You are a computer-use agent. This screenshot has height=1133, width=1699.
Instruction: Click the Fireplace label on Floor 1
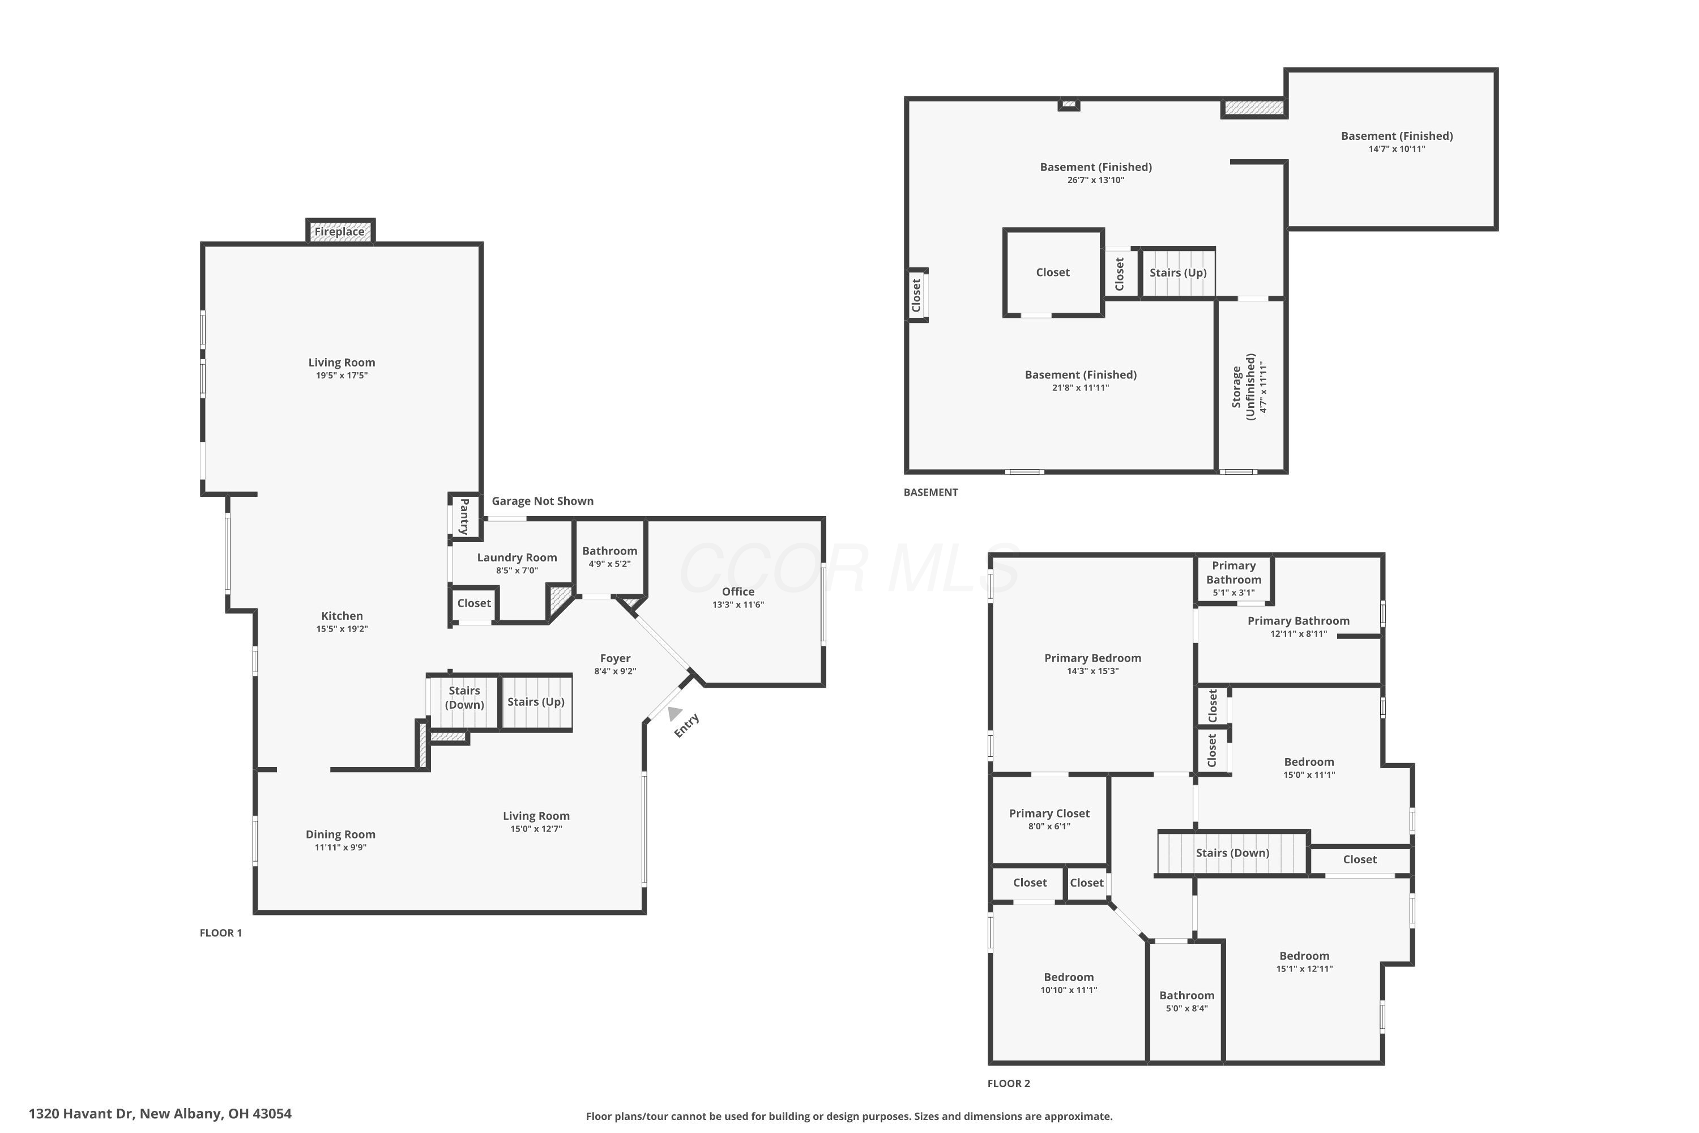pyautogui.click(x=339, y=232)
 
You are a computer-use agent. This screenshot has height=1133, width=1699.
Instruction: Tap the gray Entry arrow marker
pyautogui.click(x=675, y=713)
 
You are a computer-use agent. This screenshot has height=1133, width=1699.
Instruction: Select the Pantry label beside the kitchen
pyautogui.click(x=464, y=516)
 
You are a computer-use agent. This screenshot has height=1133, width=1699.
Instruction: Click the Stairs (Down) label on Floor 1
pyautogui.click(x=464, y=698)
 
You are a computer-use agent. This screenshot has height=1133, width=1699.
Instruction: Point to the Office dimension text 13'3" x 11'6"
pyautogui.click(x=737, y=605)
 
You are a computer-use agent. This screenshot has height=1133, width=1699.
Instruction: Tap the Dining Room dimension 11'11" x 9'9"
pyautogui.click(x=340, y=847)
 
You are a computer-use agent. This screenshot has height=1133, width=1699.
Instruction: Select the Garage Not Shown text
pyautogui.click(x=543, y=501)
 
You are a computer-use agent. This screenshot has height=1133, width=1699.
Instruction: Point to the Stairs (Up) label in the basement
pyautogui.click(x=1177, y=272)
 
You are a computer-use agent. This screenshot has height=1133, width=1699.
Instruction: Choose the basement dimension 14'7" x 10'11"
pyautogui.click(x=1397, y=149)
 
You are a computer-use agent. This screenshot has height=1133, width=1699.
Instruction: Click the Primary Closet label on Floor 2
pyautogui.click(x=1049, y=813)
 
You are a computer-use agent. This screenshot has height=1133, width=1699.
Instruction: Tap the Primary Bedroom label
pyautogui.click(x=1092, y=658)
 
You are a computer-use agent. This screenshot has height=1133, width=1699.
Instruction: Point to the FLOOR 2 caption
pyautogui.click(x=1009, y=1083)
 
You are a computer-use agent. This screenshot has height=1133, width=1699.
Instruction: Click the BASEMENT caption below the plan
pyautogui.click(x=930, y=492)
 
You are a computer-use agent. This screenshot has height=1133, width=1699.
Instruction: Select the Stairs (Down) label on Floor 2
pyautogui.click(x=1232, y=853)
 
